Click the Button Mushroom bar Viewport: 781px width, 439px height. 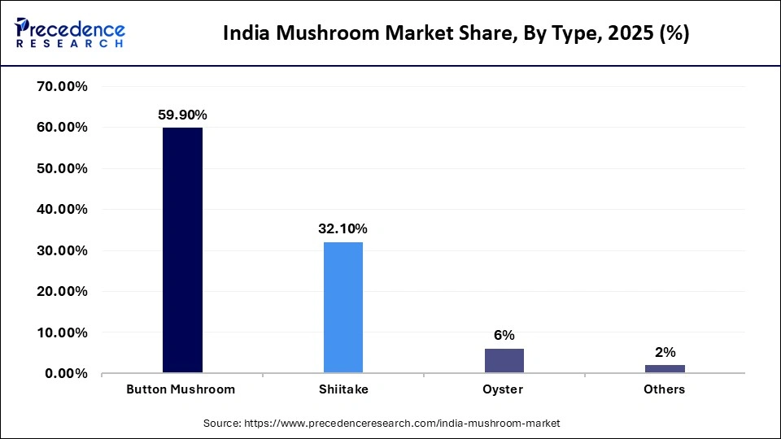(182, 250)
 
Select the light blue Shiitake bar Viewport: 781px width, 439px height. (343, 307)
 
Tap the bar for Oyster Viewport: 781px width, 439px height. (504, 361)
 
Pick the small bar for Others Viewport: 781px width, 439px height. (665, 369)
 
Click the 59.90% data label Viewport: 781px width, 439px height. (182, 115)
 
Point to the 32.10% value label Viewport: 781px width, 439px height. (343, 229)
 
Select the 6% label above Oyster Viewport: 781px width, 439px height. (504, 336)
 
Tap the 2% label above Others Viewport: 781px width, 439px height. (665, 352)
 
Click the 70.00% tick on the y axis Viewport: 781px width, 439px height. (63, 86)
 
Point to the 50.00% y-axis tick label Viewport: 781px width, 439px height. (63, 168)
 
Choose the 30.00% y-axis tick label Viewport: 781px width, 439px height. (63, 250)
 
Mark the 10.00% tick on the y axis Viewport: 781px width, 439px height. (63, 333)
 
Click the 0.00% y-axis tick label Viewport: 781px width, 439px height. (66, 373)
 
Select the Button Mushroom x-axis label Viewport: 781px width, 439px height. (181, 389)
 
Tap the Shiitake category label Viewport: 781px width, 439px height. (343, 389)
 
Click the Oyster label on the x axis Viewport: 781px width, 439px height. (504, 389)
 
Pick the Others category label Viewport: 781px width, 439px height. (664, 389)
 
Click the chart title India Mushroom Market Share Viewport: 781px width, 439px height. (456, 34)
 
